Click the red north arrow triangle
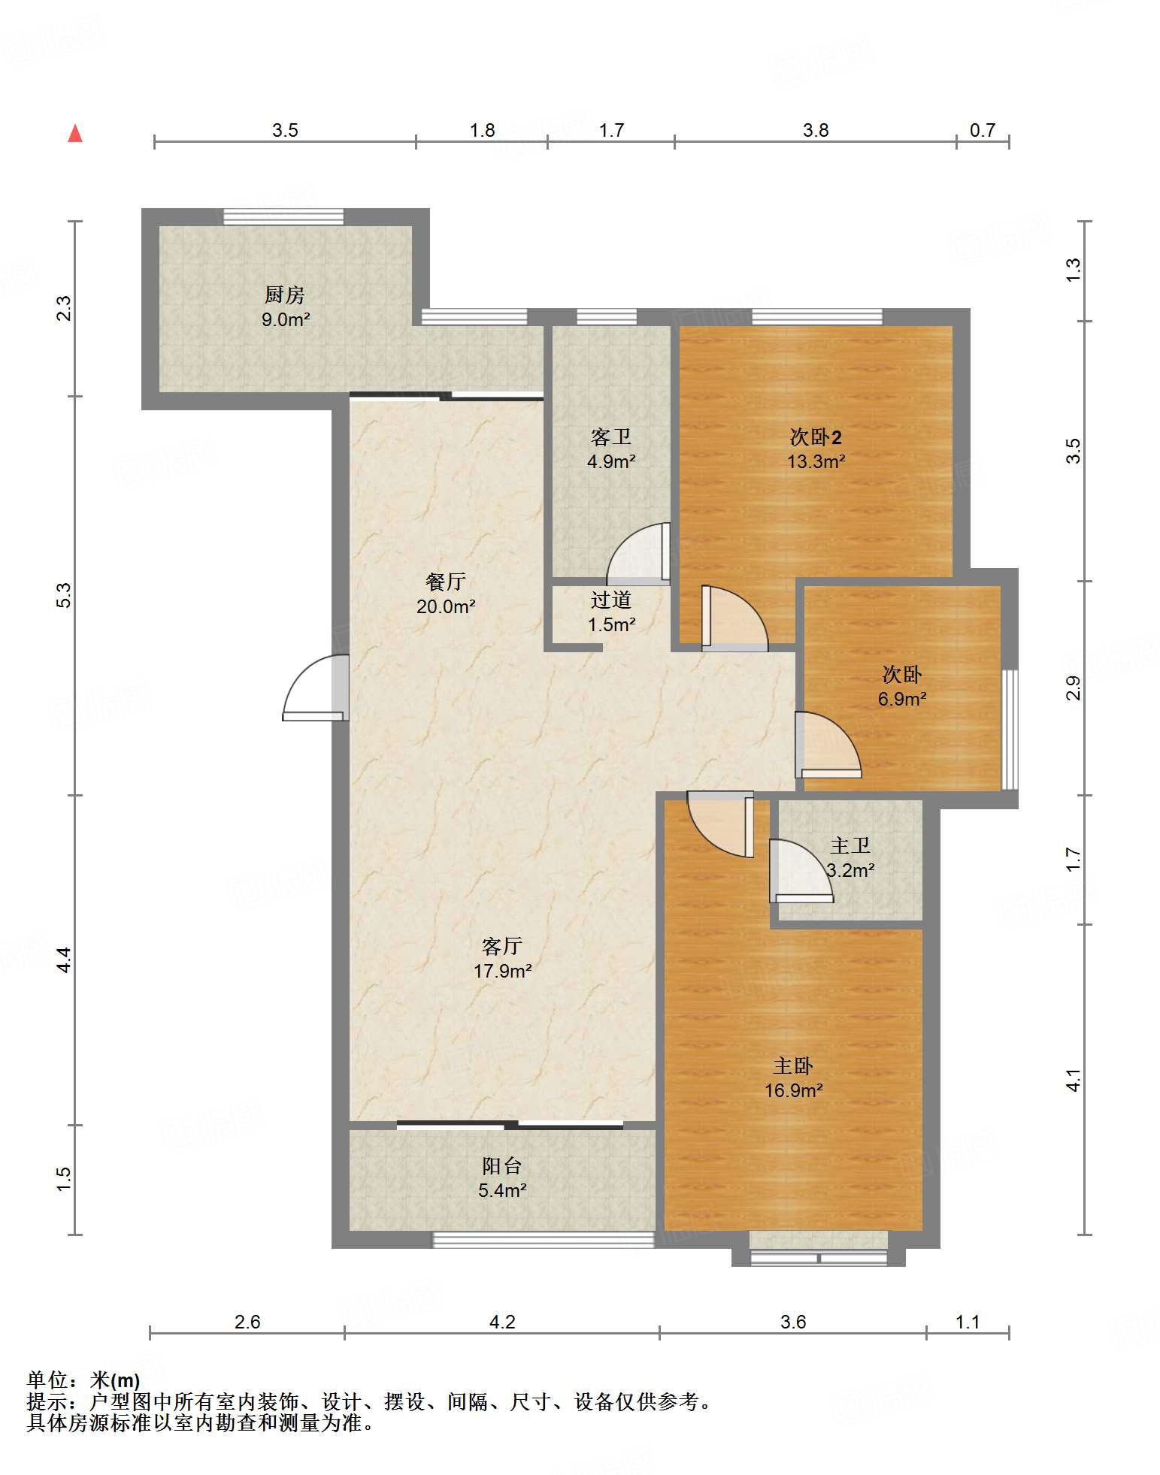tap(75, 134)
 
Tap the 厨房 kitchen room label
tap(285, 295)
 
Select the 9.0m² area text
tap(286, 320)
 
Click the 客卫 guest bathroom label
tap(611, 437)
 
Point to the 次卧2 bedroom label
tap(816, 437)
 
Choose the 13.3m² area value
tap(816, 461)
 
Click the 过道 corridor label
tap(611, 600)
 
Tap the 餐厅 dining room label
tap(446, 582)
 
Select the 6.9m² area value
tap(902, 699)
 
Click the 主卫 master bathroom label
tap(850, 845)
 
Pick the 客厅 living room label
tap(502, 946)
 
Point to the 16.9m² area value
tap(794, 1090)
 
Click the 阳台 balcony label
tap(502, 1165)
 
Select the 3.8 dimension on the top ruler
tap(816, 131)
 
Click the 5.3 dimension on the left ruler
tap(65, 595)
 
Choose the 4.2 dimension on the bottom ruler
tap(502, 1322)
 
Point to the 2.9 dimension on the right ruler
tap(1074, 688)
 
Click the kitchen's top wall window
tap(283, 216)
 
